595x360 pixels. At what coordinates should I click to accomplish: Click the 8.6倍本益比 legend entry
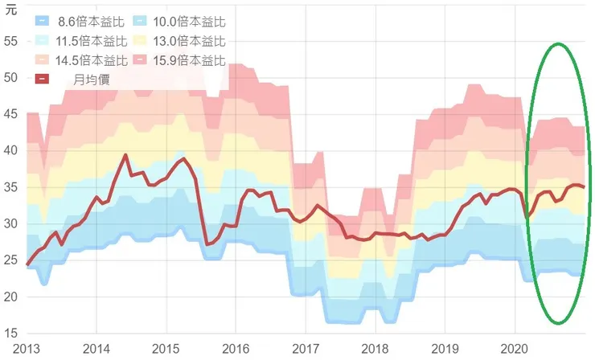click(x=80, y=22)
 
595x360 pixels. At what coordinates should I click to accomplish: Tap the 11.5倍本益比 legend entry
click(x=80, y=41)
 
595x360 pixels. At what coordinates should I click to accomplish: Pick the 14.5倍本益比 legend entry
click(x=80, y=60)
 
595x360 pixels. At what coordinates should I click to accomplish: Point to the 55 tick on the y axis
click(x=10, y=41)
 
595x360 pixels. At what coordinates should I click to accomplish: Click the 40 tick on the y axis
click(x=10, y=150)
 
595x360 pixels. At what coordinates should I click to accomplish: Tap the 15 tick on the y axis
click(x=10, y=333)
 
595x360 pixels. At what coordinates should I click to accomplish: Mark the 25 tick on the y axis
click(x=10, y=260)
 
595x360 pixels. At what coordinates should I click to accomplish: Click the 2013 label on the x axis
click(x=27, y=349)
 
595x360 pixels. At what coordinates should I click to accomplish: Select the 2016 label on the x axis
click(x=236, y=349)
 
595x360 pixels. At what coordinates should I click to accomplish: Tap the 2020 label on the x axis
click(x=515, y=349)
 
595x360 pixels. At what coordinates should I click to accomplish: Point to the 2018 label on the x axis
click(x=375, y=349)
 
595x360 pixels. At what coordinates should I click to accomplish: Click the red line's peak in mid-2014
click(x=125, y=155)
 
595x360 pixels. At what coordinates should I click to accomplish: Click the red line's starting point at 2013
click(x=27, y=264)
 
